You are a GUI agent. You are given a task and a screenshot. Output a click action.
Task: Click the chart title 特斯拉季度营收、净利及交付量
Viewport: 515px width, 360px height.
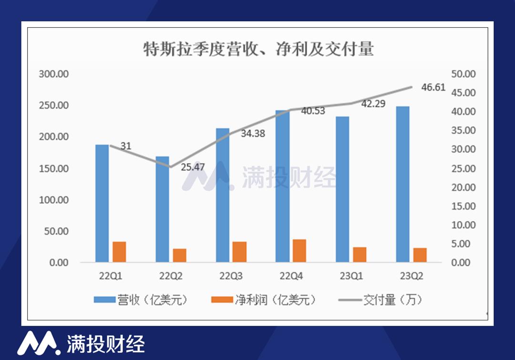258,49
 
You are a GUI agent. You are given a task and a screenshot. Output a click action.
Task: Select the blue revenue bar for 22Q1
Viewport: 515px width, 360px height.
102,203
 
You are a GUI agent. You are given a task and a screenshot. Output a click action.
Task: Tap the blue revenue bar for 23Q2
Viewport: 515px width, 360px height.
403,184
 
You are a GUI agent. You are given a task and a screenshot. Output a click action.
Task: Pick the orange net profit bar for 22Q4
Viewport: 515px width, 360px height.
299,250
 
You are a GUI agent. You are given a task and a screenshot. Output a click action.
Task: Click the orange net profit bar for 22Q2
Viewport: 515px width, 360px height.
180,255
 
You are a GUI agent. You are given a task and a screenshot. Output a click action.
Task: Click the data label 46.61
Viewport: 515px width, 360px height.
433,87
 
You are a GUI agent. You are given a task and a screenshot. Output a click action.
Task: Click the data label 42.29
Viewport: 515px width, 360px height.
373,103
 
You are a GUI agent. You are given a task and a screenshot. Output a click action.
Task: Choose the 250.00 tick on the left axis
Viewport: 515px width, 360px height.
54,105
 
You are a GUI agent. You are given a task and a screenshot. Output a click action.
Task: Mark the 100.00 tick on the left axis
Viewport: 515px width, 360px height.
54,200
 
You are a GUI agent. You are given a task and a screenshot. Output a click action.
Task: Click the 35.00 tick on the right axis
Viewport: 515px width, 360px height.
463,131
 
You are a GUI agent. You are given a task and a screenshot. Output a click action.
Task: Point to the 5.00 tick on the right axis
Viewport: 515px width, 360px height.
465,244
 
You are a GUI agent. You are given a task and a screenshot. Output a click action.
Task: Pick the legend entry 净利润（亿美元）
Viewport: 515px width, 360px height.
264,300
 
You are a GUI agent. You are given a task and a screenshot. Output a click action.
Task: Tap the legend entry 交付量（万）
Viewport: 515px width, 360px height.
381,300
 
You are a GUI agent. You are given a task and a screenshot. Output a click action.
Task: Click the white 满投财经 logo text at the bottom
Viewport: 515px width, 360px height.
105,343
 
